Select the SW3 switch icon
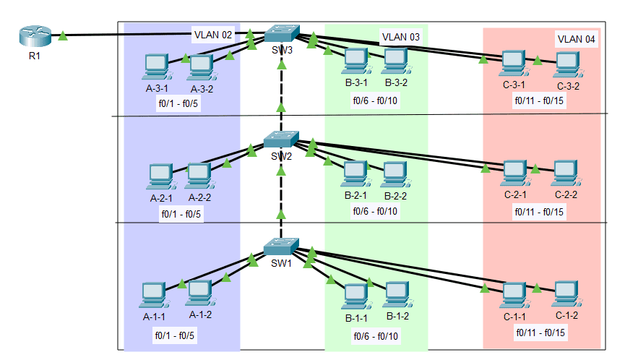coord(281,33)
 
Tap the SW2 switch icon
coord(281,140)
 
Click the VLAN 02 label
coord(212,34)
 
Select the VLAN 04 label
coord(576,39)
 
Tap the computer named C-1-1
coord(514,293)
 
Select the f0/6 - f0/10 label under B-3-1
coord(375,100)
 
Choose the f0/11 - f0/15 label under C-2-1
coord(539,212)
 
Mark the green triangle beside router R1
coord(64,34)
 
